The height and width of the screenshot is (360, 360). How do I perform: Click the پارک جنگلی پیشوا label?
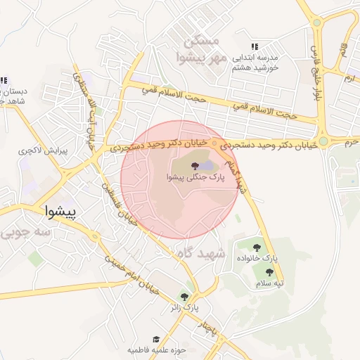tap(195, 178)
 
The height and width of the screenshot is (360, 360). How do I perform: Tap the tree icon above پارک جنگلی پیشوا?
tap(195, 165)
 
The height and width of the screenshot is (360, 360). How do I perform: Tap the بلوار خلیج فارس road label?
tap(314, 70)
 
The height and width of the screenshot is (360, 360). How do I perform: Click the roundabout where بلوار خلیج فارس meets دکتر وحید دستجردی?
tap(323, 141)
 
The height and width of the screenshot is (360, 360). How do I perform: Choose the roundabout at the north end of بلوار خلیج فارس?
tap(316, 22)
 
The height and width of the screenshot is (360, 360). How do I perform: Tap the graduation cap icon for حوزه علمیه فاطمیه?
tap(156, 338)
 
